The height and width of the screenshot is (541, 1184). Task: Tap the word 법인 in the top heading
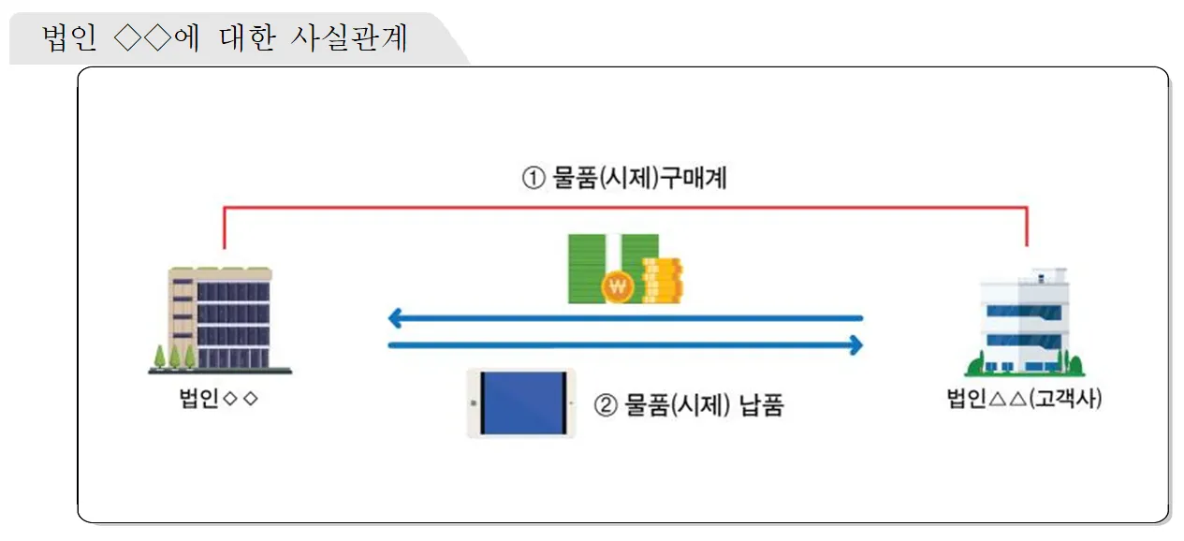point(70,39)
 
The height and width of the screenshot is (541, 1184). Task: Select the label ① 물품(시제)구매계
point(624,178)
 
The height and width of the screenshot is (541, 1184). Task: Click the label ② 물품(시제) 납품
point(689,405)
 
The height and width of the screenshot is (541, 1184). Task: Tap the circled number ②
point(607,405)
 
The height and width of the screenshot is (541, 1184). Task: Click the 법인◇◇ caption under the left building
point(218,400)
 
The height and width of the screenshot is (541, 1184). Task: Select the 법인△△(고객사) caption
point(1024,400)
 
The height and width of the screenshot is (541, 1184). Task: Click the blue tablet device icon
point(521,403)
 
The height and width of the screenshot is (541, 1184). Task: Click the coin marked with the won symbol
point(617,287)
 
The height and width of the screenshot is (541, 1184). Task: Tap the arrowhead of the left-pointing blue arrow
point(395,319)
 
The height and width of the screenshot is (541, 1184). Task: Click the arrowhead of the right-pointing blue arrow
point(855,346)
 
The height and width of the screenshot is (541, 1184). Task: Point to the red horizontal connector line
point(625,207)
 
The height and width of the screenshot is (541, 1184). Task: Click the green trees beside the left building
point(174,357)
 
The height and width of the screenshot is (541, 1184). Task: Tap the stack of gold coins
point(663,279)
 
